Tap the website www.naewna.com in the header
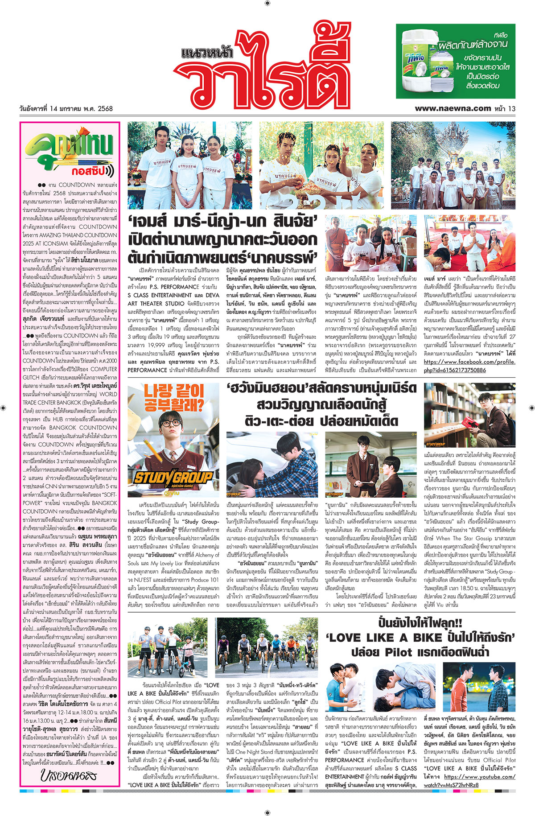click(453, 108)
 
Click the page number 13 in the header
click(511, 108)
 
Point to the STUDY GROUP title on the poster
click(173, 478)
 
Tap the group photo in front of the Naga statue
click(453, 165)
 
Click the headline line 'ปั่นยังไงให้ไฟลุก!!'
click(420, 623)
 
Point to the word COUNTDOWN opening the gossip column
click(77, 185)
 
